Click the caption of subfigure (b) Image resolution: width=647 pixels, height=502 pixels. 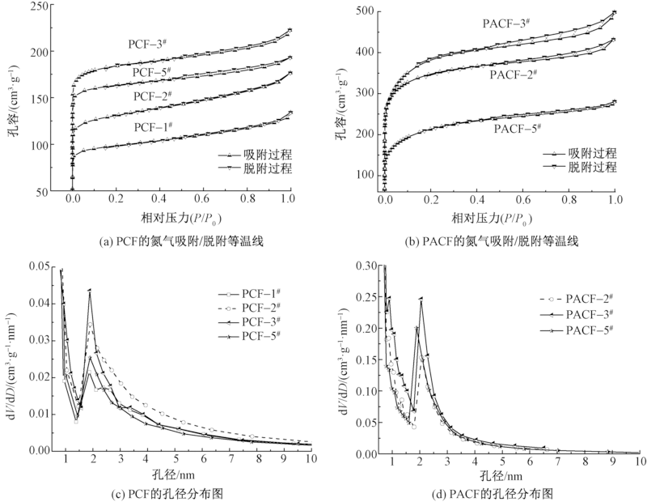click(499, 241)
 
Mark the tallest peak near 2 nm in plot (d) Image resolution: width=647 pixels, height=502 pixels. click(421, 299)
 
